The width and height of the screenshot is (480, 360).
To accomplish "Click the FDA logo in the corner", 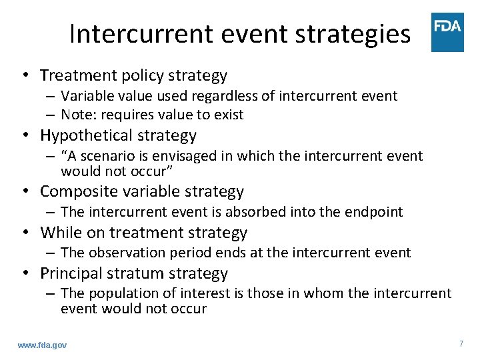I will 447,31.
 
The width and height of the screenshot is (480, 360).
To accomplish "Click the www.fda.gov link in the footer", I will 42,345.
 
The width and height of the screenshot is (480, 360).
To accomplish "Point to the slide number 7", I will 461,343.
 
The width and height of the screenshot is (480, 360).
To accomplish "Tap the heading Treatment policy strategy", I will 133,75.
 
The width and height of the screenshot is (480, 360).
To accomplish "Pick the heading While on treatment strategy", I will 143,233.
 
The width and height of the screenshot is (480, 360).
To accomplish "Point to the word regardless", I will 242,96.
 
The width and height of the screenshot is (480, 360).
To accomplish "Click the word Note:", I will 77,115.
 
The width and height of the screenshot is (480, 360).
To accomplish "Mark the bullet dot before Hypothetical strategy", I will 27,135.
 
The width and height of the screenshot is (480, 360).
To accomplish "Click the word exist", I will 229,115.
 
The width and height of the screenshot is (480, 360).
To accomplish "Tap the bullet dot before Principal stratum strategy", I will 27,273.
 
